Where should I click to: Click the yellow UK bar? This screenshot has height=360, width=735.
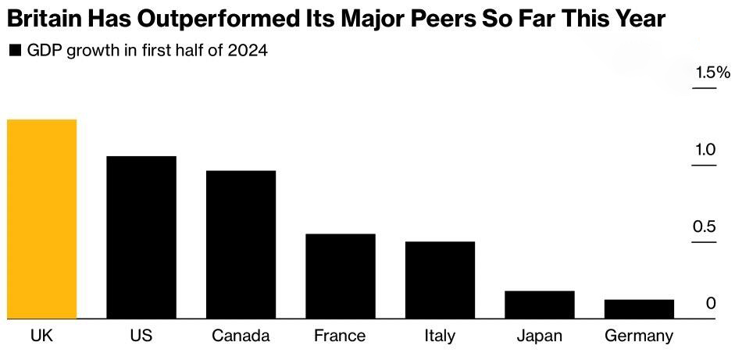pyautogui.click(x=41, y=219)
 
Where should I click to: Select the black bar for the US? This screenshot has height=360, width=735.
pyautogui.click(x=141, y=237)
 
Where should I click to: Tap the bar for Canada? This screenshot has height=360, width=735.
pyautogui.click(x=241, y=244)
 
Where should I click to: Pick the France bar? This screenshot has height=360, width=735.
pyautogui.click(x=341, y=276)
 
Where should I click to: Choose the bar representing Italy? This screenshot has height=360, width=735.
pyautogui.click(x=441, y=280)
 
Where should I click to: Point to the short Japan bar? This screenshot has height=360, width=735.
pyautogui.click(x=540, y=305)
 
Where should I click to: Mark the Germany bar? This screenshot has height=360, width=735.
pyautogui.click(x=640, y=309)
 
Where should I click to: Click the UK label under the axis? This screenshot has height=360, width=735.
pyautogui.click(x=41, y=336)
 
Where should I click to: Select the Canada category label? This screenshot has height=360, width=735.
pyautogui.click(x=241, y=336)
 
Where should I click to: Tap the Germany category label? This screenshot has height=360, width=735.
pyautogui.click(x=640, y=337)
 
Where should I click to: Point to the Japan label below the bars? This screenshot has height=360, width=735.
pyautogui.click(x=540, y=337)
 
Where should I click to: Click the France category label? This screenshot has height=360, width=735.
pyautogui.click(x=340, y=336)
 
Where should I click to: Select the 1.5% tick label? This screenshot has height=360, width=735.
pyautogui.click(x=713, y=73)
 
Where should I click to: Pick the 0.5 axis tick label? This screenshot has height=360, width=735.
pyautogui.click(x=705, y=227)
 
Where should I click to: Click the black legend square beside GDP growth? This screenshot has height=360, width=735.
pyautogui.click(x=16, y=51)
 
